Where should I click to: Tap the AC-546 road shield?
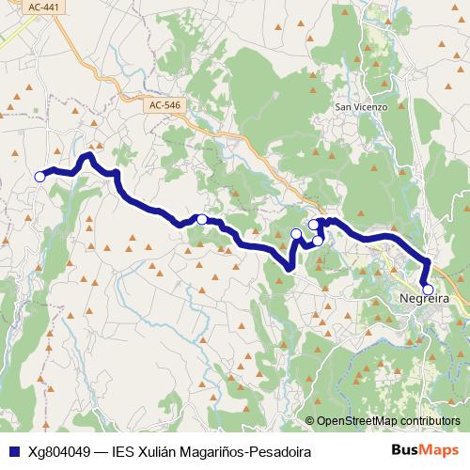click(x=164, y=105)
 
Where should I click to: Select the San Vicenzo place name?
click(x=362, y=107)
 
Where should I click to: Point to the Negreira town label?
click(x=424, y=298)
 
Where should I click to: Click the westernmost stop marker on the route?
click(x=39, y=176)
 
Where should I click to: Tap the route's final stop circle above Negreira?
click(x=428, y=290)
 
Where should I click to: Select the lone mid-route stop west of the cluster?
click(x=202, y=219)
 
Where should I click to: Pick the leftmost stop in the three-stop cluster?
click(x=296, y=233)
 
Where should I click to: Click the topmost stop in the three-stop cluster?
click(x=314, y=225)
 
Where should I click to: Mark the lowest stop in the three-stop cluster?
click(x=318, y=242)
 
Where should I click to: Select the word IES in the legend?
click(x=124, y=452)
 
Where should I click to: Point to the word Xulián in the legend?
click(x=163, y=452)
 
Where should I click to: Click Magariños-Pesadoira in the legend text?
click(x=249, y=452)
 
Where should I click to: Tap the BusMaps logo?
click(x=425, y=451)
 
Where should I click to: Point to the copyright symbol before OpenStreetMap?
click(x=310, y=421)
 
